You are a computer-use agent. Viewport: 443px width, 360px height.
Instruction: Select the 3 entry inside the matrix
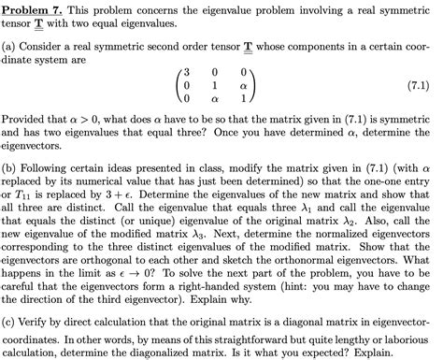coord(187,70)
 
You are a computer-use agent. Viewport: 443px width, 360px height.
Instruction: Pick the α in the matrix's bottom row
coord(218,96)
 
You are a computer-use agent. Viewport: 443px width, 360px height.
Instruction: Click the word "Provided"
coord(24,121)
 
